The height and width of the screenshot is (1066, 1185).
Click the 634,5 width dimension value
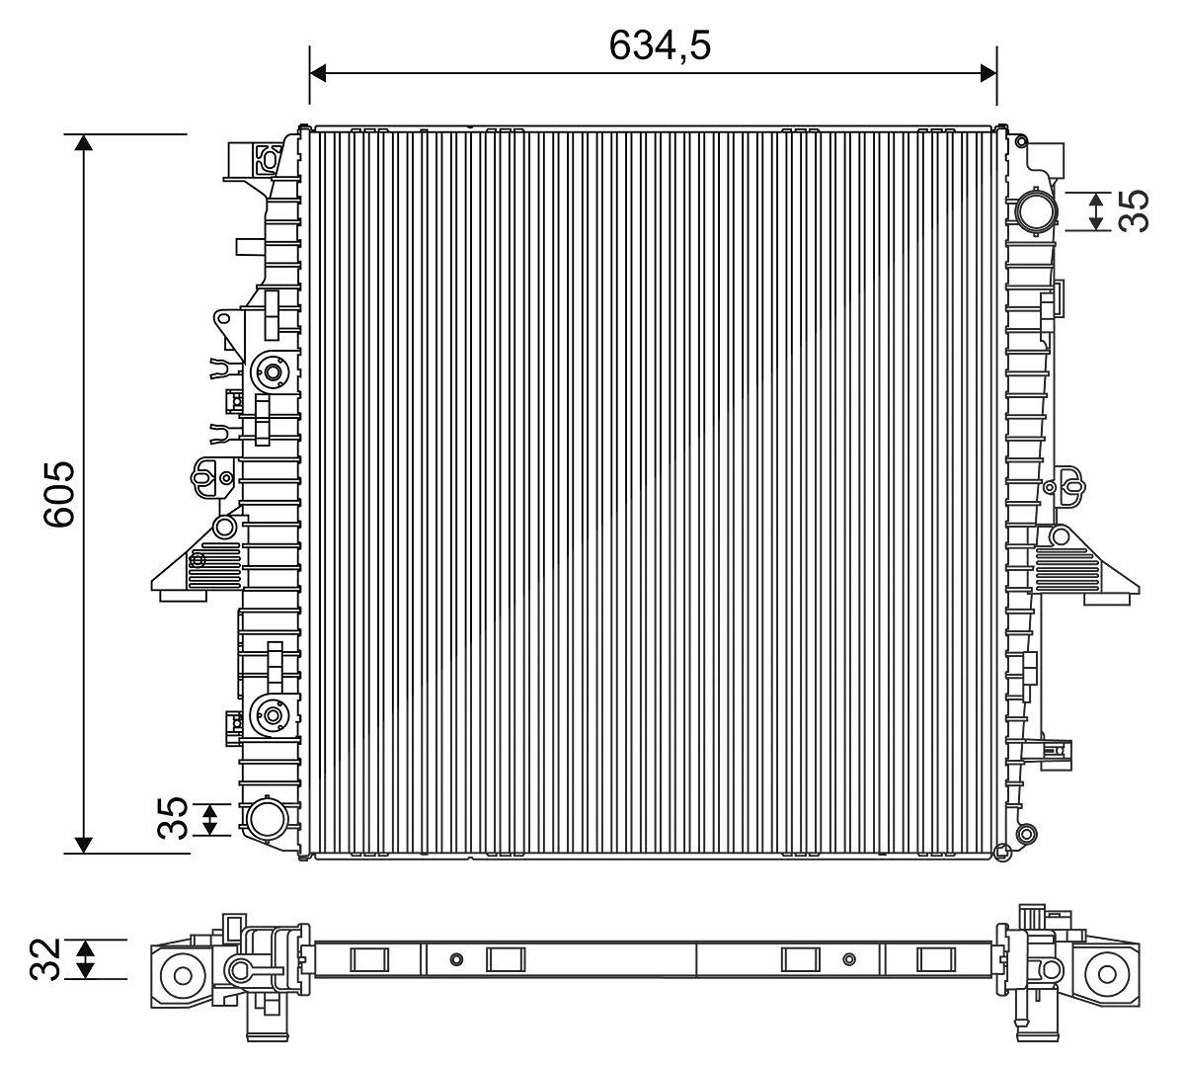[x=660, y=45]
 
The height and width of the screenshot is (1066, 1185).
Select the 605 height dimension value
[x=59, y=494]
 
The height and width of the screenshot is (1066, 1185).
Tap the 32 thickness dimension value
[x=45, y=959]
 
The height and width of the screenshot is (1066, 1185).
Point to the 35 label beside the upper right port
[x=1134, y=210]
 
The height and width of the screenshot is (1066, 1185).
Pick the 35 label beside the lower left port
[x=173, y=819]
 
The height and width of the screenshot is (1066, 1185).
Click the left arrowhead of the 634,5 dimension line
[x=318, y=74]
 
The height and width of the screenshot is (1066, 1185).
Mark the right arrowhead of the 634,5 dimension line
[x=988, y=74]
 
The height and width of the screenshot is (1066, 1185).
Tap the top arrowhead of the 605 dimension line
[x=84, y=142]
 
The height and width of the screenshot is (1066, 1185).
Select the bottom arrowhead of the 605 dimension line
[x=84, y=845]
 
